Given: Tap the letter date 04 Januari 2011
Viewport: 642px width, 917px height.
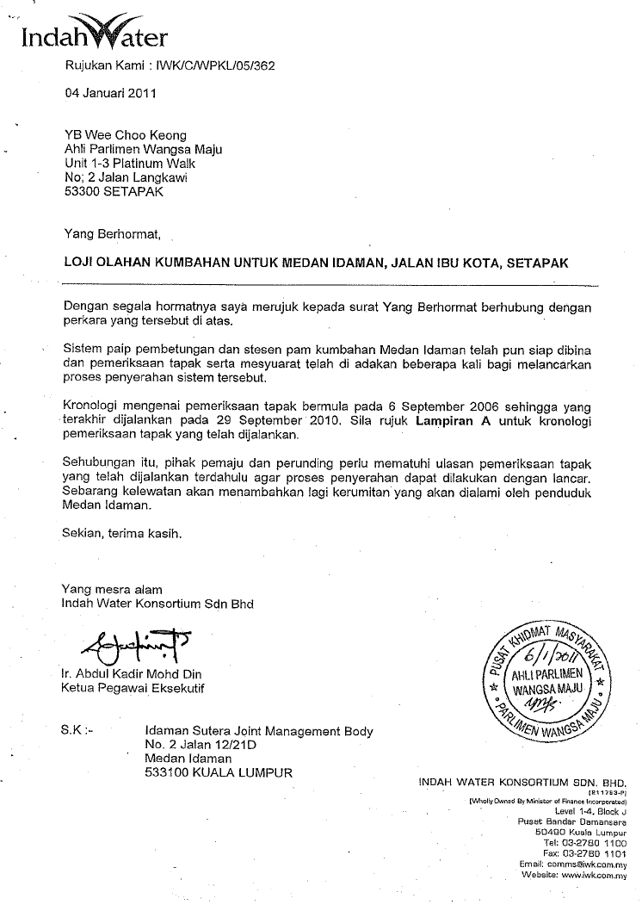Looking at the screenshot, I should pos(110,95).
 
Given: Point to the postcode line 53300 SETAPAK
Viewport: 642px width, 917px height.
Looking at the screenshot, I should pos(114,192).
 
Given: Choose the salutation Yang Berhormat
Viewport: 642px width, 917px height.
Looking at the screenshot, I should pos(112,232).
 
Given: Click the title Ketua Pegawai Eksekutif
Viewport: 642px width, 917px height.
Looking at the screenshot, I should pos(133,688).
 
